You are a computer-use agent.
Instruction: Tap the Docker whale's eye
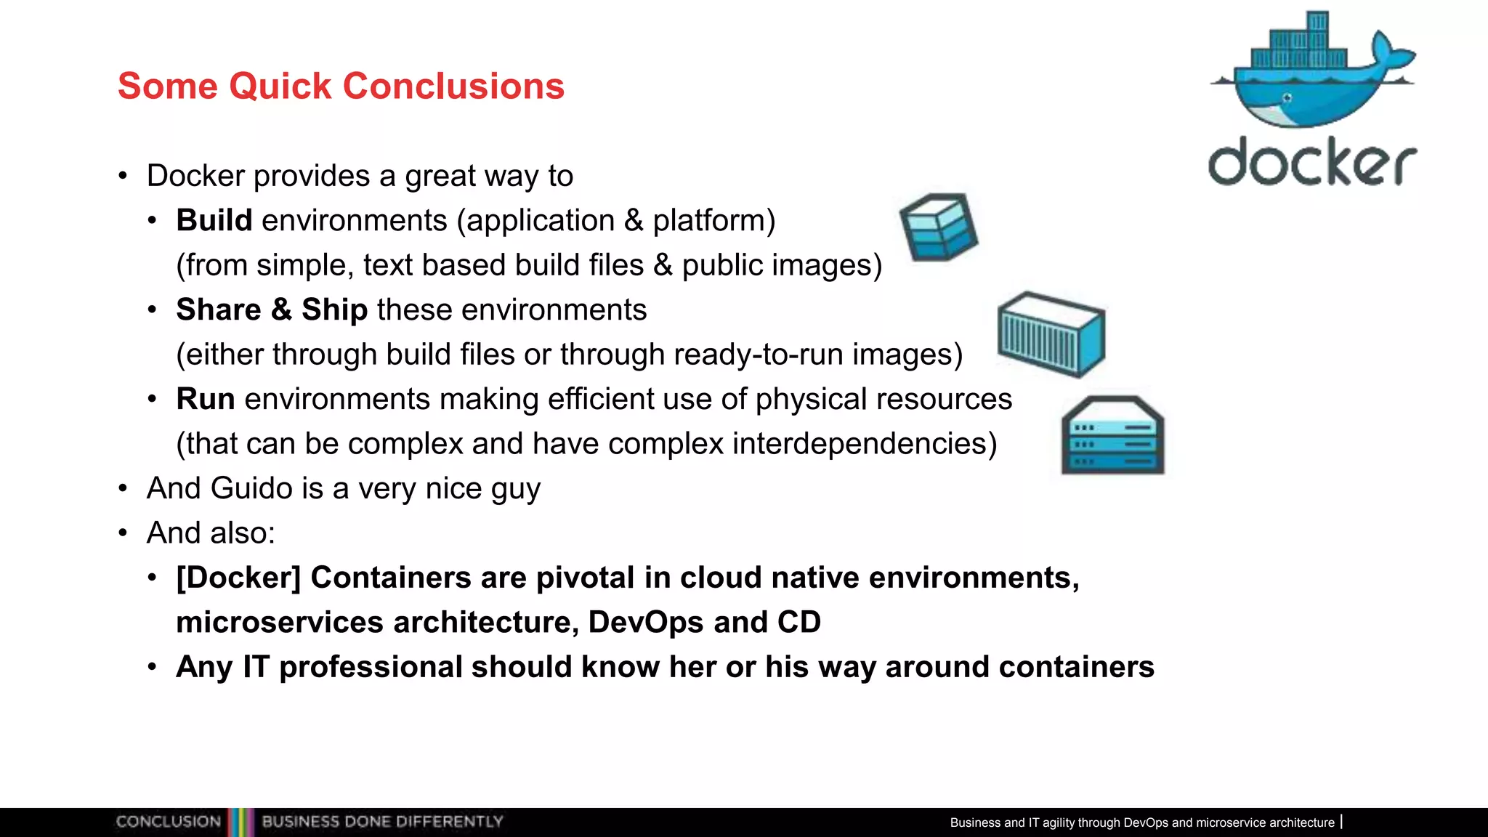tap(1287, 98)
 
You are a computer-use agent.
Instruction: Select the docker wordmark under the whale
tap(1312, 161)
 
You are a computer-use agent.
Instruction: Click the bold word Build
tap(214, 220)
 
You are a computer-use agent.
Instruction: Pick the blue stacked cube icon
tap(939, 227)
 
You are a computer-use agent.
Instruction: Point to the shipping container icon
tap(1051, 333)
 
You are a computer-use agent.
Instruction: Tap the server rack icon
tap(1112, 436)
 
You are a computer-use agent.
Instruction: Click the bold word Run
tap(205, 399)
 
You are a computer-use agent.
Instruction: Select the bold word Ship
tap(334, 310)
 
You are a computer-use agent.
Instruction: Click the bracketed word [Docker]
tap(238, 578)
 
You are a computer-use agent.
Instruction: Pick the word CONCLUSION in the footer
tap(168, 822)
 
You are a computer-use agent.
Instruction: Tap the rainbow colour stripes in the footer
tap(241, 822)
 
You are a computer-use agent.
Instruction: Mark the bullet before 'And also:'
tap(123, 533)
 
